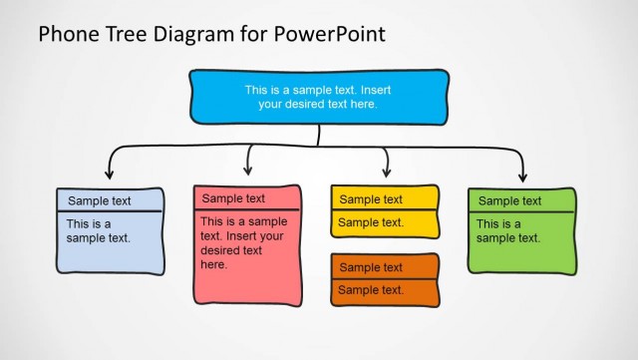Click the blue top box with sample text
pyautogui.click(x=318, y=96)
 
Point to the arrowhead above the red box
pyautogui.click(x=248, y=170)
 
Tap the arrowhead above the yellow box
pyautogui.click(x=386, y=172)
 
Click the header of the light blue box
pyautogui.click(x=110, y=200)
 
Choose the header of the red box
pyautogui.click(x=247, y=198)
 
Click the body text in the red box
pyautogui.click(x=243, y=243)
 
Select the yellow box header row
pyautogui.click(x=384, y=199)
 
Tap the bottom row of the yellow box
pyautogui.click(x=384, y=223)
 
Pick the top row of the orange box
pyautogui.click(x=384, y=267)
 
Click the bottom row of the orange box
pyautogui.click(x=384, y=290)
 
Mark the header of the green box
pyautogui.click(x=521, y=200)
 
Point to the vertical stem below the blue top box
pyautogui.click(x=319, y=135)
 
